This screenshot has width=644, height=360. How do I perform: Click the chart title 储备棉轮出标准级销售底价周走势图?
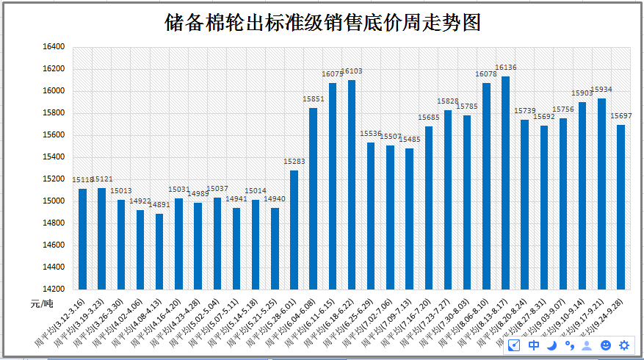click(323, 23)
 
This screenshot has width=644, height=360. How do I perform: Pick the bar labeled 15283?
click(294, 229)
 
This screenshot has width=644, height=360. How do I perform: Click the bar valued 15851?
click(313, 198)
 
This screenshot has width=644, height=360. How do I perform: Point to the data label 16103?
click(352, 71)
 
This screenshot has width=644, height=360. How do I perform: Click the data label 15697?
click(621, 116)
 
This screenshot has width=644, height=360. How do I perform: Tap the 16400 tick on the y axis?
click(54, 47)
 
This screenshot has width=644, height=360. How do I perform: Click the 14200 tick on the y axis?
click(54, 289)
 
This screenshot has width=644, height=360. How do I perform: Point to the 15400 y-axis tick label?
click(54, 157)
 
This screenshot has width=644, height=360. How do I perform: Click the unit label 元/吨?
click(42, 303)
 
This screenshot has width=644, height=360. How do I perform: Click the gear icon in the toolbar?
click(624, 345)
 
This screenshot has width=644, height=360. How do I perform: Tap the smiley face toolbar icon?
click(606, 345)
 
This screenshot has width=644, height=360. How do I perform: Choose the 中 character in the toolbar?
click(534, 345)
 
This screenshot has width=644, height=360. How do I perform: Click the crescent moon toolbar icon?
click(551, 345)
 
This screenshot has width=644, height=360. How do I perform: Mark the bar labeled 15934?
click(601, 193)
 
